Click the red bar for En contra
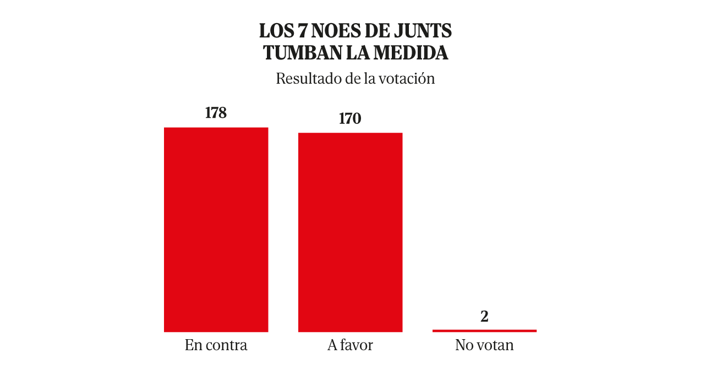pyautogui.click(x=216, y=230)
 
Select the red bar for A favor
pyautogui.click(x=350, y=232)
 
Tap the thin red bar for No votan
pyautogui.click(x=484, y=330)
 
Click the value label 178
pyautogui.click(x=216, y=113)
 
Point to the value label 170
pyautogui.click(x=350, y=118)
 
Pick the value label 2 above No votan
pyautogui.click(x=484, y=317)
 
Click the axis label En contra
pyautogui.click(x=216, y=345)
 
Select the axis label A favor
pyautogui.click(x=350, y=345)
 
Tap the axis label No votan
pyautogui.click(x=484, y=345)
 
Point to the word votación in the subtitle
pyautogui.click(x=406, y=79)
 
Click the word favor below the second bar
pyautogui.click(x=357, y=345)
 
